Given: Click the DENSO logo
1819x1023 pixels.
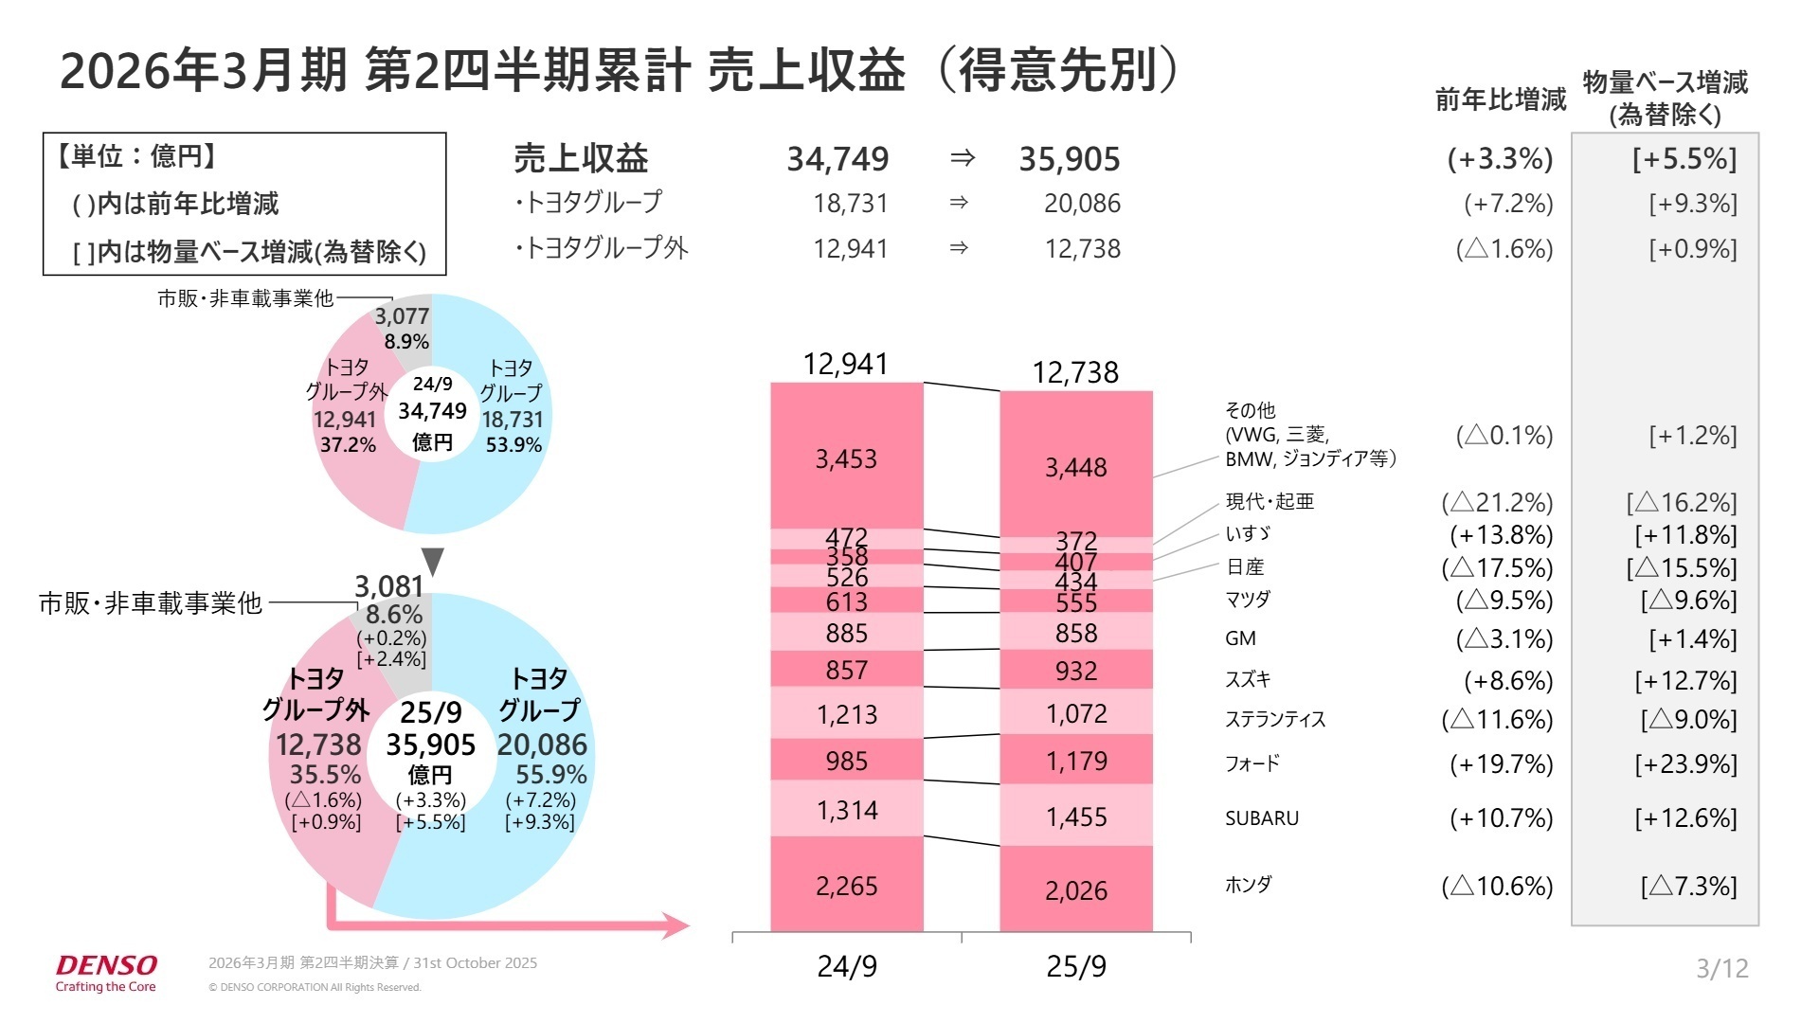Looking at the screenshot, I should [106, 966].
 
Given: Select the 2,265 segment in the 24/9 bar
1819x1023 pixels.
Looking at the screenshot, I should [846, 886].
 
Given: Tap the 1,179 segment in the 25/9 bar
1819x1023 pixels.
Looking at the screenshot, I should [1076, 761].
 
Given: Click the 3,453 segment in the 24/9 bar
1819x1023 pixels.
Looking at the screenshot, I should [846, 458].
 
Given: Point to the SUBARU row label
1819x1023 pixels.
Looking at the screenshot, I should [1261, 818].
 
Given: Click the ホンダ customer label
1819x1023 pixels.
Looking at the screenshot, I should [1248, 885].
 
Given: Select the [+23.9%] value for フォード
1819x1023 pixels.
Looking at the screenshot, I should [1685, 764].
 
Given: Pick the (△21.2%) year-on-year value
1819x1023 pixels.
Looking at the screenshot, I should [1497, 502].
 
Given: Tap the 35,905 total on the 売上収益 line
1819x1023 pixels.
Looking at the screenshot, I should [1069, 159].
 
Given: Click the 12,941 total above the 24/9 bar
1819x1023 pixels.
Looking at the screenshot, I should [845, 364].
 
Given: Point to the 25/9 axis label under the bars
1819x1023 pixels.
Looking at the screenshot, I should [1076, 966].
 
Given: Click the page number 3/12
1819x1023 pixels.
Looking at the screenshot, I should [1721, 968].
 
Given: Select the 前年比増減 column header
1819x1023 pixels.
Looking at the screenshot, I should [1500, 99].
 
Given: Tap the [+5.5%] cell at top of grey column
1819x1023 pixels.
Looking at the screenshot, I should [1684, 159].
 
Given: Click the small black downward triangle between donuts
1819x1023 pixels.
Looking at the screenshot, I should [433, 561].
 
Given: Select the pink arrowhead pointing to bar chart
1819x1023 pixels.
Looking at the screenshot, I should [676, 924].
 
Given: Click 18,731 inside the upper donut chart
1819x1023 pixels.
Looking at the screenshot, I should [513, 420].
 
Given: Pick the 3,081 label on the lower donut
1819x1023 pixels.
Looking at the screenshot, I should [388, 586].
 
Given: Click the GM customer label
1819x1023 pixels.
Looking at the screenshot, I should [1240, 638].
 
